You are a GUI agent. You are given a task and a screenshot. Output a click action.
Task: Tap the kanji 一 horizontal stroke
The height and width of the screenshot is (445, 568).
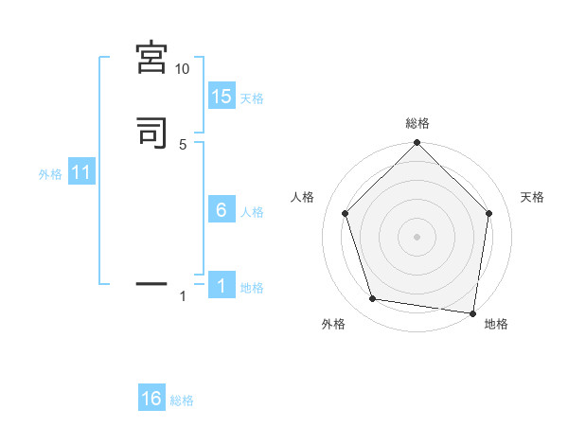152,282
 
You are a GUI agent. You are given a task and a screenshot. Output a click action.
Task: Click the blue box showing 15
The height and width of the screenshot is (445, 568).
222,97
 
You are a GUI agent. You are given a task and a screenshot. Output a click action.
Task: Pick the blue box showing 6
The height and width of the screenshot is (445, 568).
222,210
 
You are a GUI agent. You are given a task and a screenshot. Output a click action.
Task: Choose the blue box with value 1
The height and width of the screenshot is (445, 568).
222,287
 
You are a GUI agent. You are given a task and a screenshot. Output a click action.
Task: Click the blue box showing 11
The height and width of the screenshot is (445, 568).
81,173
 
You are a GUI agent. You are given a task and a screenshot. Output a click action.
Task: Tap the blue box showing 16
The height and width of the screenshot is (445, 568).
151,399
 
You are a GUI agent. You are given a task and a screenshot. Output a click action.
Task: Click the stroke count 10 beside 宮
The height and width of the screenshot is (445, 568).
183,69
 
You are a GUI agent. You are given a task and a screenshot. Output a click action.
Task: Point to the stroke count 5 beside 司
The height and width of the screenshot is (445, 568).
183,144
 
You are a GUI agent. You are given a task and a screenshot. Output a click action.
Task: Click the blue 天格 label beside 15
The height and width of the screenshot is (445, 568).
252,98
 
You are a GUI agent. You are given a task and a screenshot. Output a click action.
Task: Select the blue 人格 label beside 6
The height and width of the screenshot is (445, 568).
252,212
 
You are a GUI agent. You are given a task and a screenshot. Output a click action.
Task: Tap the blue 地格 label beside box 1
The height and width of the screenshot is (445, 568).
252,288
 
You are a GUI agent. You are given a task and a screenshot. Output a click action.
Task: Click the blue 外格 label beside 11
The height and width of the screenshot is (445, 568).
50,174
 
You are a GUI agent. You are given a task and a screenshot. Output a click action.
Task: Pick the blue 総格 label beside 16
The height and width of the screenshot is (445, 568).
182,400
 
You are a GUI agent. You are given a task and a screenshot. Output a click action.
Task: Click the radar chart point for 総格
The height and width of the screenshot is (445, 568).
417,144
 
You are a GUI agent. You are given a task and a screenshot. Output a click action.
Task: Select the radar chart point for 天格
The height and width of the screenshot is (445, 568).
489,213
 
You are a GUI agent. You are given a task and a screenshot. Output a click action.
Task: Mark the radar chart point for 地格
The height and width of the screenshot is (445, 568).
472,312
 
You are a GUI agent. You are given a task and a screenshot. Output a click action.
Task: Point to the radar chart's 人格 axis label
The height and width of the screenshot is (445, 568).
303,197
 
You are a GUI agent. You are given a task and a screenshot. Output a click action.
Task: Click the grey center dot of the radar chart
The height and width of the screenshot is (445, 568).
417,236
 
